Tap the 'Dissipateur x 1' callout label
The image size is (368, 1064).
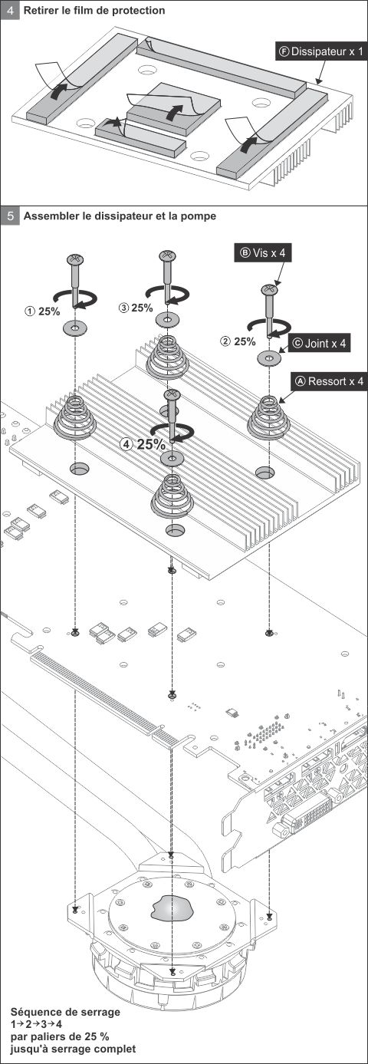[x=321, y=51]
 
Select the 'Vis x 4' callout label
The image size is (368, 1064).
[x=263, y=253]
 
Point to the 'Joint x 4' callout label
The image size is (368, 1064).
[x=320, y=343]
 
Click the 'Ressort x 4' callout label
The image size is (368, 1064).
[x=330, y=381]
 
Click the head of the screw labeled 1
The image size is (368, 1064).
[x=74, y=259]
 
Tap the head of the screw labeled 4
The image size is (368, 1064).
[x=172, y=394]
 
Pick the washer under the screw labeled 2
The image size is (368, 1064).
[x=269, y=357]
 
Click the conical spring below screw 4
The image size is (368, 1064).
[x=172, y=496]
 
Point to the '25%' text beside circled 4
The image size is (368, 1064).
[x=151, y=445]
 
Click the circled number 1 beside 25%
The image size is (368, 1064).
[x=30, y=312]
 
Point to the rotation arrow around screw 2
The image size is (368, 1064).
[x=269, y=328]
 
